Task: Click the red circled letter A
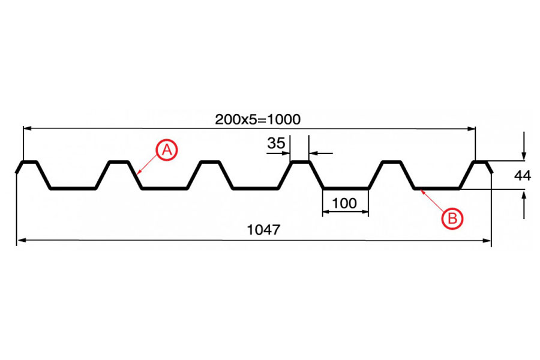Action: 167,150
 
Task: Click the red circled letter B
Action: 452,218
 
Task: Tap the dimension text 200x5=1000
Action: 257,119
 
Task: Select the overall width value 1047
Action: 264,229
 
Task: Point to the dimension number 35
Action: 276,143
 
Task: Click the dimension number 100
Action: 344,203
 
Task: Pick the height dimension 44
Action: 523,176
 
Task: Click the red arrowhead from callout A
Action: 139,172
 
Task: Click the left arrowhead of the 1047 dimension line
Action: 20,241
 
